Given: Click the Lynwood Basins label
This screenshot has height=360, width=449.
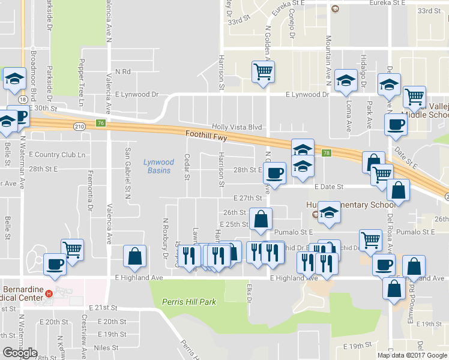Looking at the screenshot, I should (x=158, y=166).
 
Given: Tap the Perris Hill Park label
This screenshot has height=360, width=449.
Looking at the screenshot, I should (x=191, y=302).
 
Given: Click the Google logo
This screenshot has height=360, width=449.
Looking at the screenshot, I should (x=19, y=353).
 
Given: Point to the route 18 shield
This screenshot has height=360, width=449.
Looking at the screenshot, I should (x=22, y=98).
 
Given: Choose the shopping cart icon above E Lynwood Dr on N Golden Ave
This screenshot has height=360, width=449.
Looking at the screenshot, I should (x=264, y=73).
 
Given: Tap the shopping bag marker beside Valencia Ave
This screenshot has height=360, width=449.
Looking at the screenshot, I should (x=134, y=256).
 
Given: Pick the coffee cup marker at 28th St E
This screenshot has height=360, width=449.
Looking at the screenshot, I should (x=275, y=173).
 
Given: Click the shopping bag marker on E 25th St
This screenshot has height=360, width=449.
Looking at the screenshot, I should (x=261, y=219).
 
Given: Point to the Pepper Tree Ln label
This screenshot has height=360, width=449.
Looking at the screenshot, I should (x=81, y=81).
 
